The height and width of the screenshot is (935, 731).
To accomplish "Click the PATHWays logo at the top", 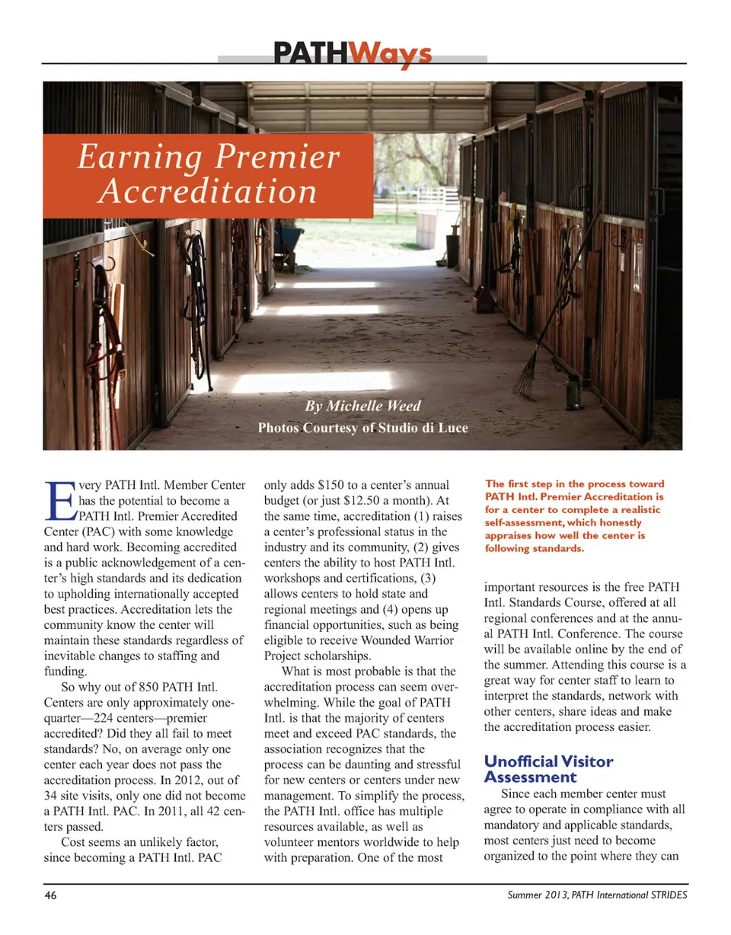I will pyautogui.click(x=353, y=55).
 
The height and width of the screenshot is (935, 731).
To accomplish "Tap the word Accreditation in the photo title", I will pyautogui.click(x=207, y=190).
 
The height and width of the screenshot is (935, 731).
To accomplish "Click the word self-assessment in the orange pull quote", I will pyautogui.click(x=525, y=522).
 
